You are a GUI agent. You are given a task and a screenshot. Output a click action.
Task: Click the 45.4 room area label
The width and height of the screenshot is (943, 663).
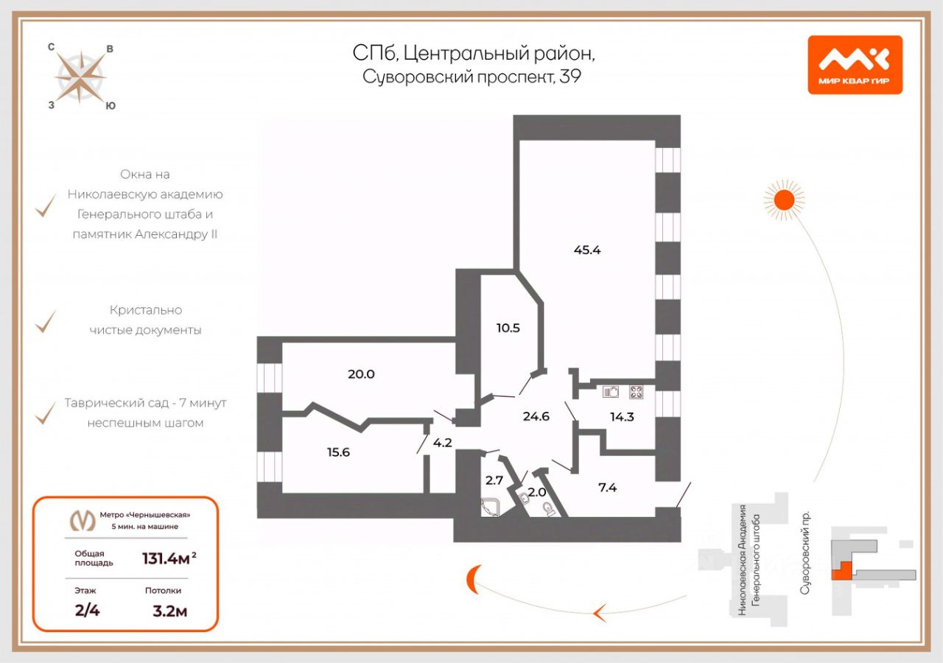[587, 250]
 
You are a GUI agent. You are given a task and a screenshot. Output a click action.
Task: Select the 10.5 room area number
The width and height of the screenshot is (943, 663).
[508, 328]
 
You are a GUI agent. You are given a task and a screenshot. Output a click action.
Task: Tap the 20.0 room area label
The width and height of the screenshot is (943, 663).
[361, 374]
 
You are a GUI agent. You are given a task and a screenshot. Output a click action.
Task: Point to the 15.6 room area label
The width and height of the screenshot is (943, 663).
[337, 452]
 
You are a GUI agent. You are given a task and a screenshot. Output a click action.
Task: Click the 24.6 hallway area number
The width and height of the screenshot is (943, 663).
[536, 416]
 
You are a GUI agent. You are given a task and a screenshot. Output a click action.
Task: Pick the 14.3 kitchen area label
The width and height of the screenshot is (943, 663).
[622, 416]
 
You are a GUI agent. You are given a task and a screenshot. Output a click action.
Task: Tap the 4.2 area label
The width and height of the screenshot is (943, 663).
[442, 443]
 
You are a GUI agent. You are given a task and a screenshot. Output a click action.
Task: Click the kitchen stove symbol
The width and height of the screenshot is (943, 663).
[637, 392]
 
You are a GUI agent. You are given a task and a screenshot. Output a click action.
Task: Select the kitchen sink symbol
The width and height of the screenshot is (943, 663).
[611, 392]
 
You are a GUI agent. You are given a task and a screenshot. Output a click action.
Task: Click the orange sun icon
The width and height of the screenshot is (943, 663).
[783, 199]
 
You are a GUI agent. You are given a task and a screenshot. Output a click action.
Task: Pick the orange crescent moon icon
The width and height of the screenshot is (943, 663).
[471, 580]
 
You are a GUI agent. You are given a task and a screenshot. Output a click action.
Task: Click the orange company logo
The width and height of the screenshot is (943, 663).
[855, 65]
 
